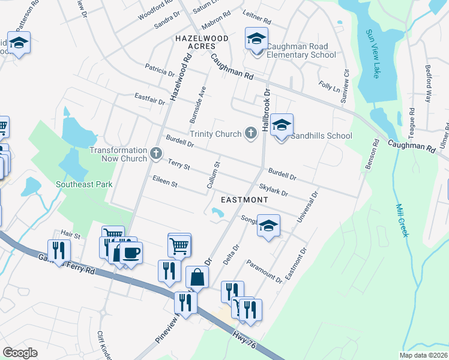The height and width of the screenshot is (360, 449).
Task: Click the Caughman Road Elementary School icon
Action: click(x=256, y=41)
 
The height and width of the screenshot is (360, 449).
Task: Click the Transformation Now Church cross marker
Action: click(x=156, y=154)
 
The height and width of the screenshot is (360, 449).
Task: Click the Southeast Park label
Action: click(x=84, y=185)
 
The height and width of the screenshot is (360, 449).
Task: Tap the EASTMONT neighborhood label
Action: click(x=244, y=199)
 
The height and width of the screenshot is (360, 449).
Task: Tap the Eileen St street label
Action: click(x=165, y=181)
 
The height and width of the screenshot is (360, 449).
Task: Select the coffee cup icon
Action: click(x=131, y=252)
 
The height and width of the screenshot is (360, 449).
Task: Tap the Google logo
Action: click(x=20, y=352)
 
